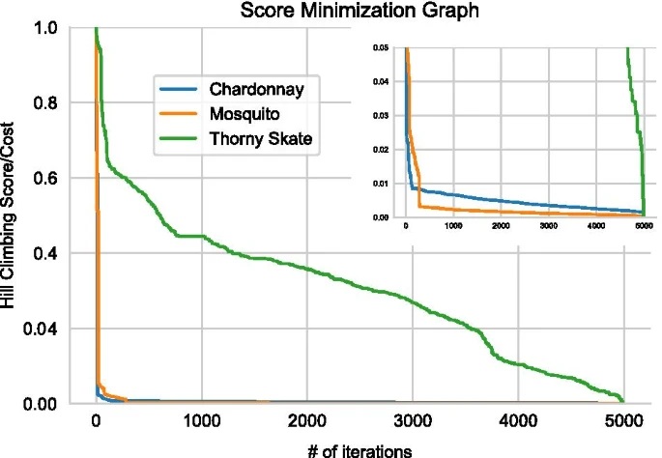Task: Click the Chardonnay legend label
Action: [259, 90]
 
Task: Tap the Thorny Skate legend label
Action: [264, 140]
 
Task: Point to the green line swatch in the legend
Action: [181, 140]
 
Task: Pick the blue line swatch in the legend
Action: [181, 90]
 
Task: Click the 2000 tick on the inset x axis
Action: [501, 225]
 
